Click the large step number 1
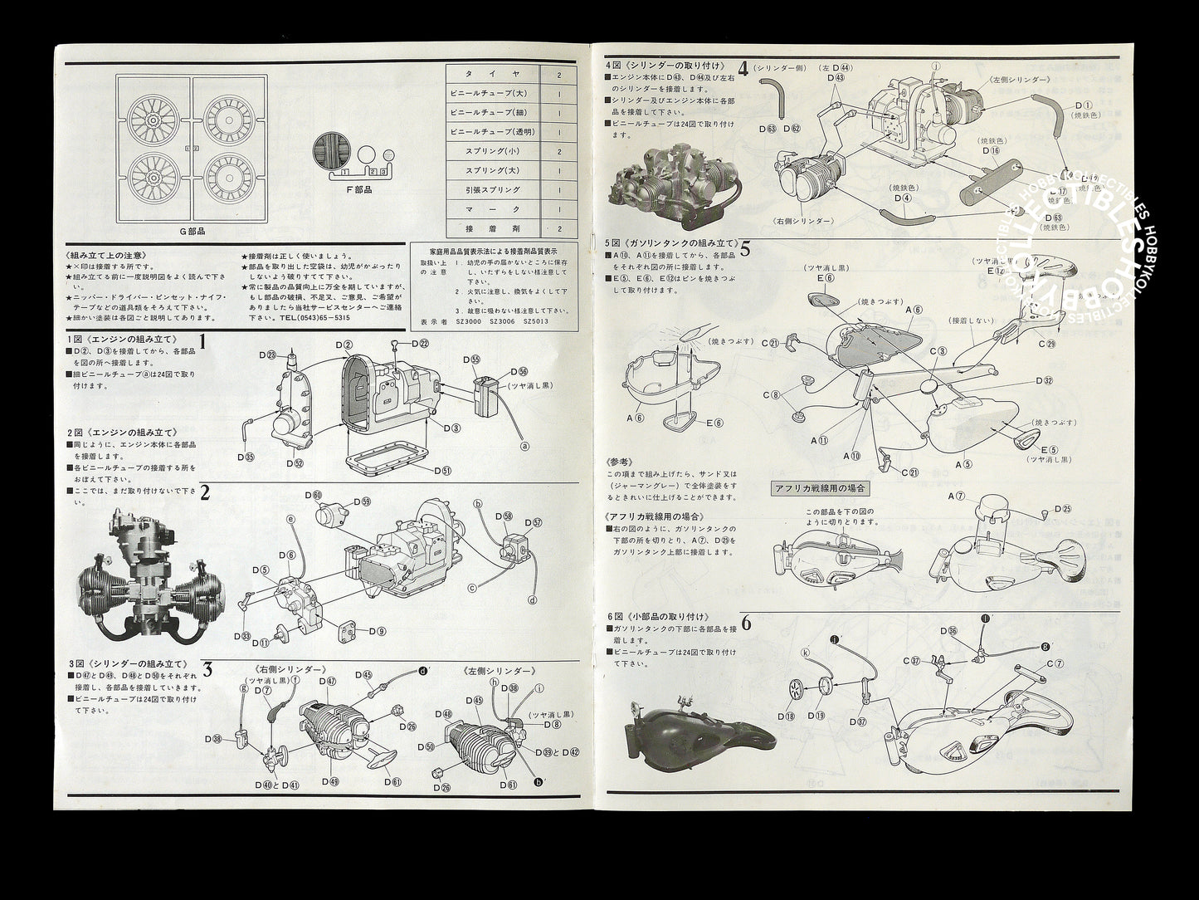click(x=202, y=340)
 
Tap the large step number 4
click(x=743, y=70)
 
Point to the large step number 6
click(x=745, y=624)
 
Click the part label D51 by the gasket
click(x=441, y=470)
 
